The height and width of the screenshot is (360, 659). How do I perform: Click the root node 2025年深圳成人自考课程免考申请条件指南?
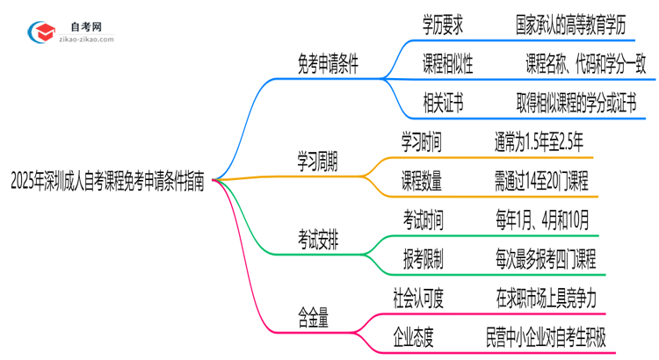pyautogui.click(x=107, y=182)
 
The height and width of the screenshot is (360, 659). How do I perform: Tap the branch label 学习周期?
pyautogui.click(x=317, y=162)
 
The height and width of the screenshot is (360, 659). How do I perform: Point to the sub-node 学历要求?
pyautogui.click(x=443, y=25)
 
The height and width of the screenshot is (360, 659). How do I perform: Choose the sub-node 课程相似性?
pyautogui.click(x=448, y=64)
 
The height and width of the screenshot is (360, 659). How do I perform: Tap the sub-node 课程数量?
pyautogui.click(x=423, y=182)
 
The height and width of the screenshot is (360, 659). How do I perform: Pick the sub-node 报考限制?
pyautogui.click(x=423, y=258)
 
